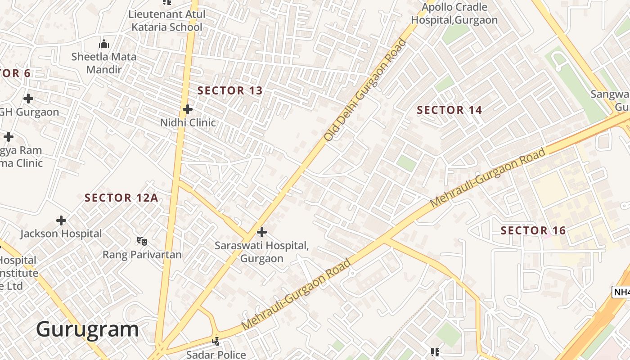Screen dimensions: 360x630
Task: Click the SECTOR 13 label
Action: [x=230, y=90]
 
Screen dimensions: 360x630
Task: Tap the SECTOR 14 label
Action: [x=449, y=110]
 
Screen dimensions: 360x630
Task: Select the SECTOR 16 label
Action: [x=533, y=230]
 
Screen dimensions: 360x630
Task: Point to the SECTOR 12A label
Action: [x=121, y=198]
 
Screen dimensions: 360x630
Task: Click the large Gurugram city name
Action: [x=87, y=329]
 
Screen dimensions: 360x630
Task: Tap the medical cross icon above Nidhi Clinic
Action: [x=188, y=109]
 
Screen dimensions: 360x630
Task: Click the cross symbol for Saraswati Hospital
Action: [x=261, y=232]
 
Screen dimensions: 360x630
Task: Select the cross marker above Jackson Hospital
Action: [x=61, y=220]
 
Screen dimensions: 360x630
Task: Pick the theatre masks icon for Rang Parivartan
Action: [x=142, y=241]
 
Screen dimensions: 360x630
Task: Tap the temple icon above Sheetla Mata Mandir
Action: [x=104, y=44]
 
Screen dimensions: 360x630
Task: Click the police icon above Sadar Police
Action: [x=216, y=341]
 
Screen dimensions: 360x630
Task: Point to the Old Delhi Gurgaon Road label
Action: [x=365, y=90]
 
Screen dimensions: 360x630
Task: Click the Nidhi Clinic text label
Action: [x=188, y=122]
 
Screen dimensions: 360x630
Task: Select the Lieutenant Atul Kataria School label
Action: [x=167, y=21]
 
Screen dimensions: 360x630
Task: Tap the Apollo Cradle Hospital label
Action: [x=454, y=13]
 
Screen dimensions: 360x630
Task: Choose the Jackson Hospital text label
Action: [x=61, y=234]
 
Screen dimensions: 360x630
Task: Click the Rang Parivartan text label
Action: [x=142, y=255]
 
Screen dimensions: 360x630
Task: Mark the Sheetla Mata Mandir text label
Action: [x=104, y=63]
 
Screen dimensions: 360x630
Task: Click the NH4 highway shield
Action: [x=622, y=292]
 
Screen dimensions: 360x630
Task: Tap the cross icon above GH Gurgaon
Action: [x=28, y=98]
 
